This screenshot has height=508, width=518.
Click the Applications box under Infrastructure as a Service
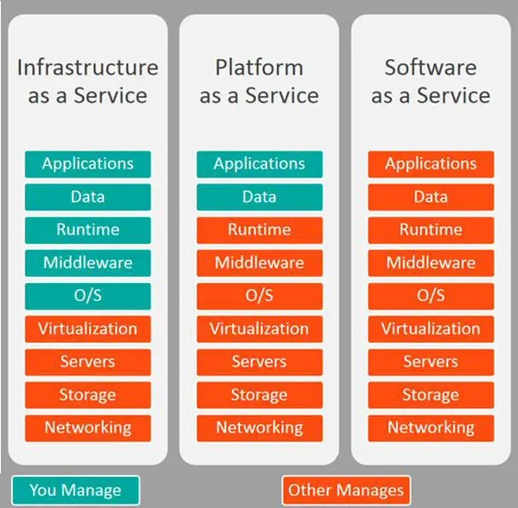click(88, 164)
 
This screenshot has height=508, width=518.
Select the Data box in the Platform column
click(259, 197)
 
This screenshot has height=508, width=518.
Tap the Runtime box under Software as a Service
click(432, 230)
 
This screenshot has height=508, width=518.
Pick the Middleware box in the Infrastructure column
click(88, 263)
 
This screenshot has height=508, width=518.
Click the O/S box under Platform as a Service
click(259, 296)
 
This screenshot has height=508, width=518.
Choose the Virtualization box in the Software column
click(432, 329)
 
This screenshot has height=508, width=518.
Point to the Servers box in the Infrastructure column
click(88, 362)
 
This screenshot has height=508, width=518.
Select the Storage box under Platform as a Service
click(259, 395)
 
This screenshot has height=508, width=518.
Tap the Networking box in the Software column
click(432, 428)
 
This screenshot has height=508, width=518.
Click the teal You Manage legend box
click(75, 490)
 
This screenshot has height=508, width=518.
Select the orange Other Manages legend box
click(346, 490)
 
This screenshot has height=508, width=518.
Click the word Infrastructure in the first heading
click(88, 68)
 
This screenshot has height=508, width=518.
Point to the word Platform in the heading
click(259, 68)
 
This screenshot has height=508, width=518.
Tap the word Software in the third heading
click(431, 68)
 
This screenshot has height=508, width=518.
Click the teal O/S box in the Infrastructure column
click(88, 296)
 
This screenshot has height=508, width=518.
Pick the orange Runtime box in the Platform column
click(259, 230)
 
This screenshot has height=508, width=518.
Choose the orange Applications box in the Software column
click(432, 164)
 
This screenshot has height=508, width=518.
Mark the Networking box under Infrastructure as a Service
click(88, 428)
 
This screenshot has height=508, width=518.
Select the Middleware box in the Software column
click(432, 263)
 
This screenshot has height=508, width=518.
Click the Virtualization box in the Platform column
click(259, 329)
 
